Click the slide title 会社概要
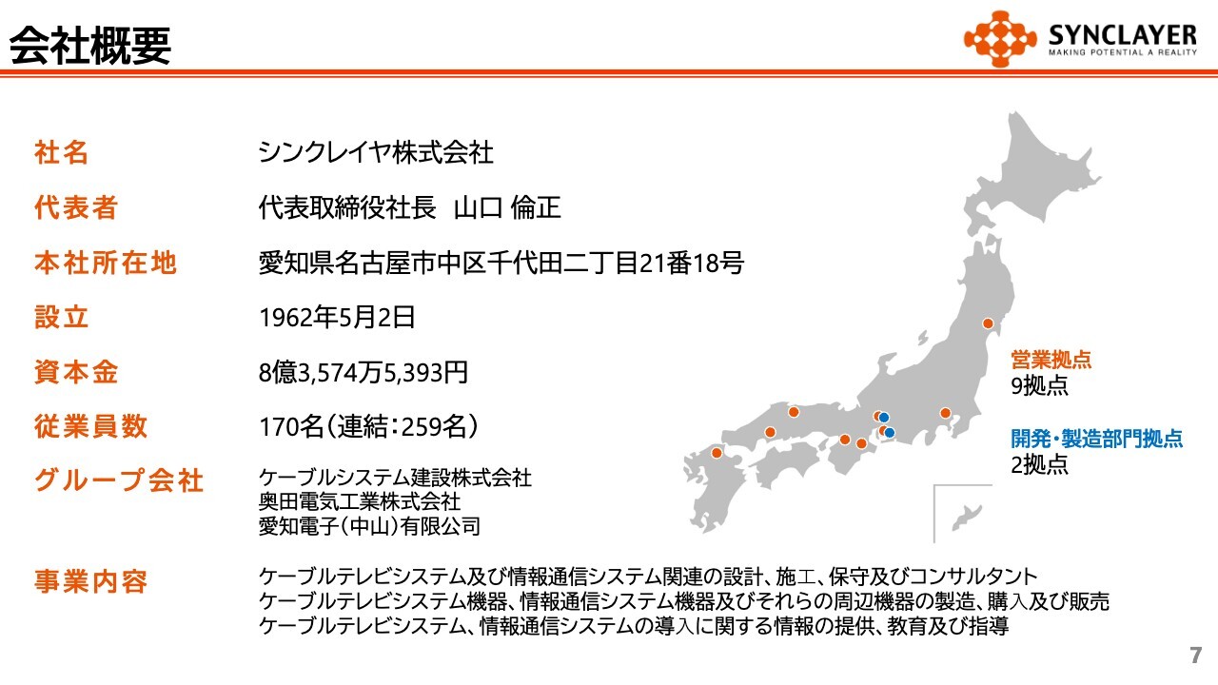[x=90, y=46]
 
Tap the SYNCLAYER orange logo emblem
[x=999, y=39]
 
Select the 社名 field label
[x=62, y=152]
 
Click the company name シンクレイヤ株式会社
[x=376, y=152]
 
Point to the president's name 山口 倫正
[x=507, y=207]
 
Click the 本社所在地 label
[x=106, y=263]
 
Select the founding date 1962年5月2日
[x=337, y=318]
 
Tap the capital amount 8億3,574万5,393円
[x=363, y=372]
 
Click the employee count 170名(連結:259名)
[x=368, y=427]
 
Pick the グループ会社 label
[x=119, y=480]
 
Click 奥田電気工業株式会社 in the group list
[x=360, y=501]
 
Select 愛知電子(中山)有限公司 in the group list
[x=370, y=526]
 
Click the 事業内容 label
[x=90, y=581]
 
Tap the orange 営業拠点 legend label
[x=1051, y=360]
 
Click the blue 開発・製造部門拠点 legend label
[x=1097, y=439]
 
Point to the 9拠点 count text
[x=1040, y=385]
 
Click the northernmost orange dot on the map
[x=988, y=323]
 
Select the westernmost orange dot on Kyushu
[x=717, y=453]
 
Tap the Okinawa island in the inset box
[x=967, y=518]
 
